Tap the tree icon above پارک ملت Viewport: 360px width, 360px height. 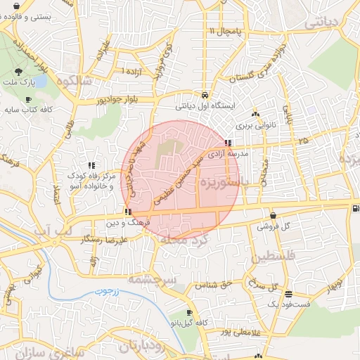point(18,72)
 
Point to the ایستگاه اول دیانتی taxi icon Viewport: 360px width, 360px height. point(204,95)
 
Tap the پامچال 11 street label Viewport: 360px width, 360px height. point(225,32)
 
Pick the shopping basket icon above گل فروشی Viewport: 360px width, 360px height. point(273,215)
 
